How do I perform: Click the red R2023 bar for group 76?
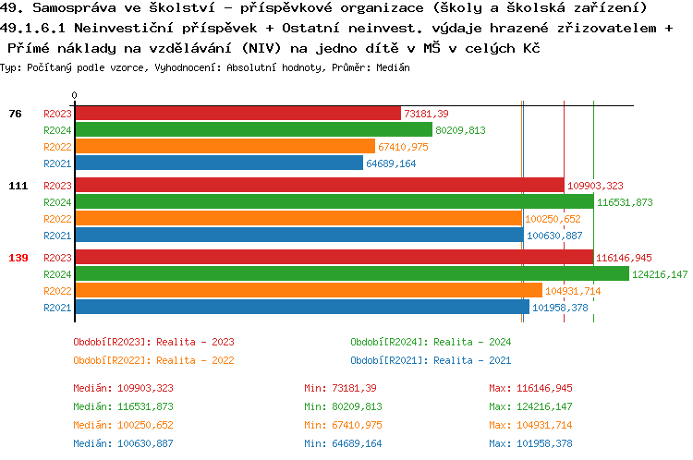pyautogui.click(x=237, y=114)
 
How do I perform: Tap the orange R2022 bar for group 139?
pyautogui.click(x=308, y=291)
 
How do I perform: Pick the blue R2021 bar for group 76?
pyautogui.click(x=218, y=163)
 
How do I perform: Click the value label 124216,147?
pyautogui.click(x=660, y=274)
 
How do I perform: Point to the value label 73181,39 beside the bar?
pyautogui.click(x=426, y=114)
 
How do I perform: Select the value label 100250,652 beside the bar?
pyautogui.click(x=553, y=219)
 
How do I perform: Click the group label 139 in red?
pyautogui.click(x=18, y=258)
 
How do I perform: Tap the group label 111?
pyautogui.click(x=18, y=186)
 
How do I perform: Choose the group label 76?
pyautogui.click(x=15, y=114)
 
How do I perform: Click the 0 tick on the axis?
pyautogui.click(x=75, y=95)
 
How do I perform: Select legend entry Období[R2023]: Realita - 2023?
pyautogui.click(x=153, y=342)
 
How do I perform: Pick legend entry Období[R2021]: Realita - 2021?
pyautogui.click(x=431, y=360)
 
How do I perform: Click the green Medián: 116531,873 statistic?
pyautogui.click(x=124, y=406)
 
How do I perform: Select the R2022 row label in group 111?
pyautogui.click(x=57, y=219)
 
